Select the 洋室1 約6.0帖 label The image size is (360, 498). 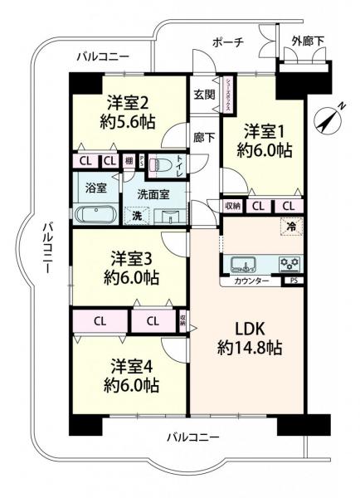[266, 140]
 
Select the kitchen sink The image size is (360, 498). [243, 266]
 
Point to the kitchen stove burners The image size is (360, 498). [289, 265]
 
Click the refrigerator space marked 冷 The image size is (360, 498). [291, 225]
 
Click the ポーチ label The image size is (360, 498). [226, 43]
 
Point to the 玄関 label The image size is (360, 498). [203, 94]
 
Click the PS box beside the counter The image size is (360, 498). [294, 281]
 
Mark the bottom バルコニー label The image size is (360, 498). [192, 437]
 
